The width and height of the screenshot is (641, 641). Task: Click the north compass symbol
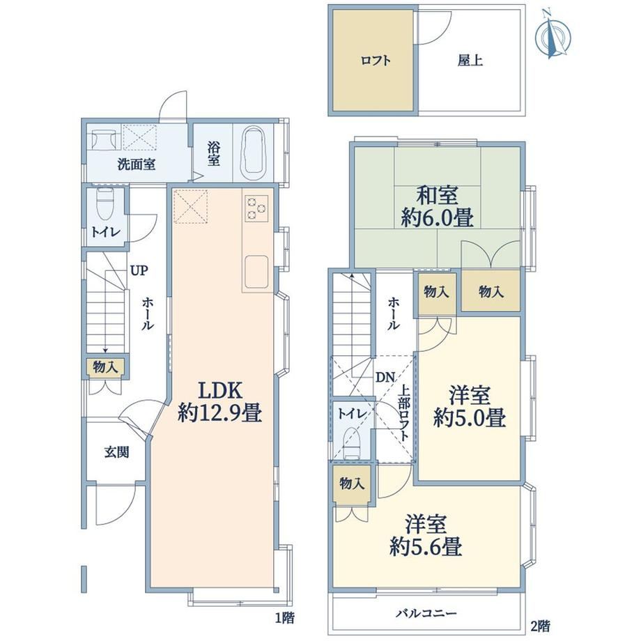(553, 36)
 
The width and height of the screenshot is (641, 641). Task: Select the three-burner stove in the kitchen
(256, 208)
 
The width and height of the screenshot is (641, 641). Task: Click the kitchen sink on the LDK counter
(256, 272)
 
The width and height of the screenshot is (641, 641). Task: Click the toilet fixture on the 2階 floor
(352, 442)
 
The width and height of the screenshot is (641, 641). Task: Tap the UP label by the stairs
(139, 270)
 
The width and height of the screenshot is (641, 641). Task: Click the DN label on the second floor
(385, 378)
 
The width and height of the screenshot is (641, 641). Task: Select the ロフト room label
(376, 61)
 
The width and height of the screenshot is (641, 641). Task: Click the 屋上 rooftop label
(470, 61)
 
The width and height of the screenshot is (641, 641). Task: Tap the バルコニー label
(426, 613)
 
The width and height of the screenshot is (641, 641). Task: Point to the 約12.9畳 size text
(220, 414)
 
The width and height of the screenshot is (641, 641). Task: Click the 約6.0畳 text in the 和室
(437, 218)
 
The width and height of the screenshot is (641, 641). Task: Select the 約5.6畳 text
(426, 546)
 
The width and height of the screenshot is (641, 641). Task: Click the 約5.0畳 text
(470, 418)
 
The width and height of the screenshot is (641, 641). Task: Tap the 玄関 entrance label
(116, 451)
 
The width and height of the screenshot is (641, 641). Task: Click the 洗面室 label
(137, 164)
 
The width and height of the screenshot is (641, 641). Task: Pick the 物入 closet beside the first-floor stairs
(105, 367)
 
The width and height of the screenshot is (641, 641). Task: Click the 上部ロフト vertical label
(404, 413)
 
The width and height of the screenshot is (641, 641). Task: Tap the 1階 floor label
(284, 617)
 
